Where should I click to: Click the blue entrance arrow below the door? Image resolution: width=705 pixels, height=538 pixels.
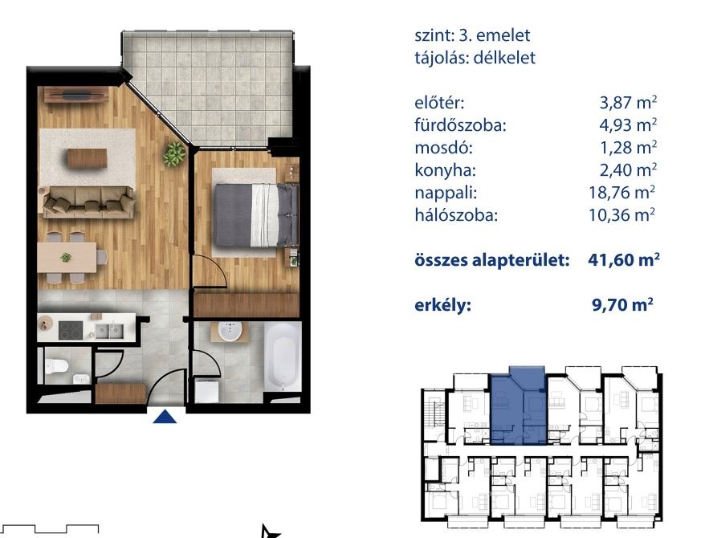(165, 417)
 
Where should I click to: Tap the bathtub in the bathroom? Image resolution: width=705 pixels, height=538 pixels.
(283, 357)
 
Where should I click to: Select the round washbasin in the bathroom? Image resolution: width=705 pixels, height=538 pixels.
(230, 332)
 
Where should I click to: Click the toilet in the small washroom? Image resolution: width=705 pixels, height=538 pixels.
(56, 366)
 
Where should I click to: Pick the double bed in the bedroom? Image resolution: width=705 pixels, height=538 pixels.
(255, 215)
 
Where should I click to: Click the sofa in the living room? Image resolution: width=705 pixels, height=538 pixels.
(88, 202)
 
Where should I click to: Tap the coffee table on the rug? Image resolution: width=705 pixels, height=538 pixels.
(88, 158)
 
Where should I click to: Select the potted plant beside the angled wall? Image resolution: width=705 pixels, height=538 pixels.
(174, 153)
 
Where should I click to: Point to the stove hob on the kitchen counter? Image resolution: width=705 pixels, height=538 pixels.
(71, 331)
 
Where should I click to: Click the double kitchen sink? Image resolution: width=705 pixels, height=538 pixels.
(109, 332)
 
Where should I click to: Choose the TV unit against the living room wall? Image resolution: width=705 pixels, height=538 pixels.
(76, 95)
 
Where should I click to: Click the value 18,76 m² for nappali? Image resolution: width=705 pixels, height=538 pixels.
(621, 193)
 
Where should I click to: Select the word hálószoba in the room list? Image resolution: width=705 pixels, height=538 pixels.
(456, 215)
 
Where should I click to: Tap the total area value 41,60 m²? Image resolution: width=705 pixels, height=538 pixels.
(624, 260)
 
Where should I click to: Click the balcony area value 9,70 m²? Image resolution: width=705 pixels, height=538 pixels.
(622, 305)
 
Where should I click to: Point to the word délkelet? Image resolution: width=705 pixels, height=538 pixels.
(504, 58)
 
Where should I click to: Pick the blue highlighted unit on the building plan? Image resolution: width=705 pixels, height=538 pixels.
(519, 406)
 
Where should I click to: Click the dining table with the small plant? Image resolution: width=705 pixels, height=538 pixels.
(67, 258)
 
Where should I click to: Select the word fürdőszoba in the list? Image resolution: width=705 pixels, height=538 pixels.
(460, 125)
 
